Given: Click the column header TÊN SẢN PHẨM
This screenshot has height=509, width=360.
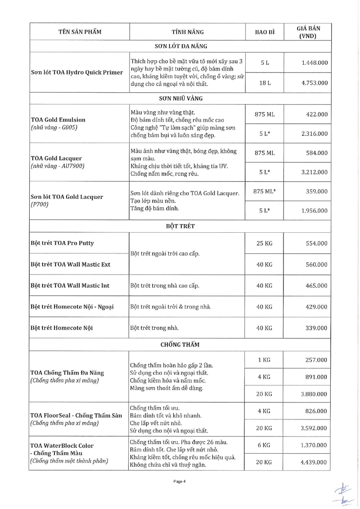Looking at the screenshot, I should tap(80, 32).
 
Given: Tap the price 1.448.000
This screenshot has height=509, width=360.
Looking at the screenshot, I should tap(315, 63).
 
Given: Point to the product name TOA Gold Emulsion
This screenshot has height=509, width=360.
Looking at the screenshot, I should tap(58, 120).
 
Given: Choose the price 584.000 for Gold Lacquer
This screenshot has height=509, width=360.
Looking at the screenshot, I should tap(316, 153).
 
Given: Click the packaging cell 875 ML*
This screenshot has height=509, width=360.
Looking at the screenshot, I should tap(264, 191).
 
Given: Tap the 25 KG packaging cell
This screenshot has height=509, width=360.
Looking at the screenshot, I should tap(264, 243).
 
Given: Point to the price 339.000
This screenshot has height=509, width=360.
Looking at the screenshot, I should tap(316, 328).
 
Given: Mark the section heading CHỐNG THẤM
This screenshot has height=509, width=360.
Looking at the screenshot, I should tap(180, 345).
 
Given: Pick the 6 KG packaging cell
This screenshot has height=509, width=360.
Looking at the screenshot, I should tap(264, 445).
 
